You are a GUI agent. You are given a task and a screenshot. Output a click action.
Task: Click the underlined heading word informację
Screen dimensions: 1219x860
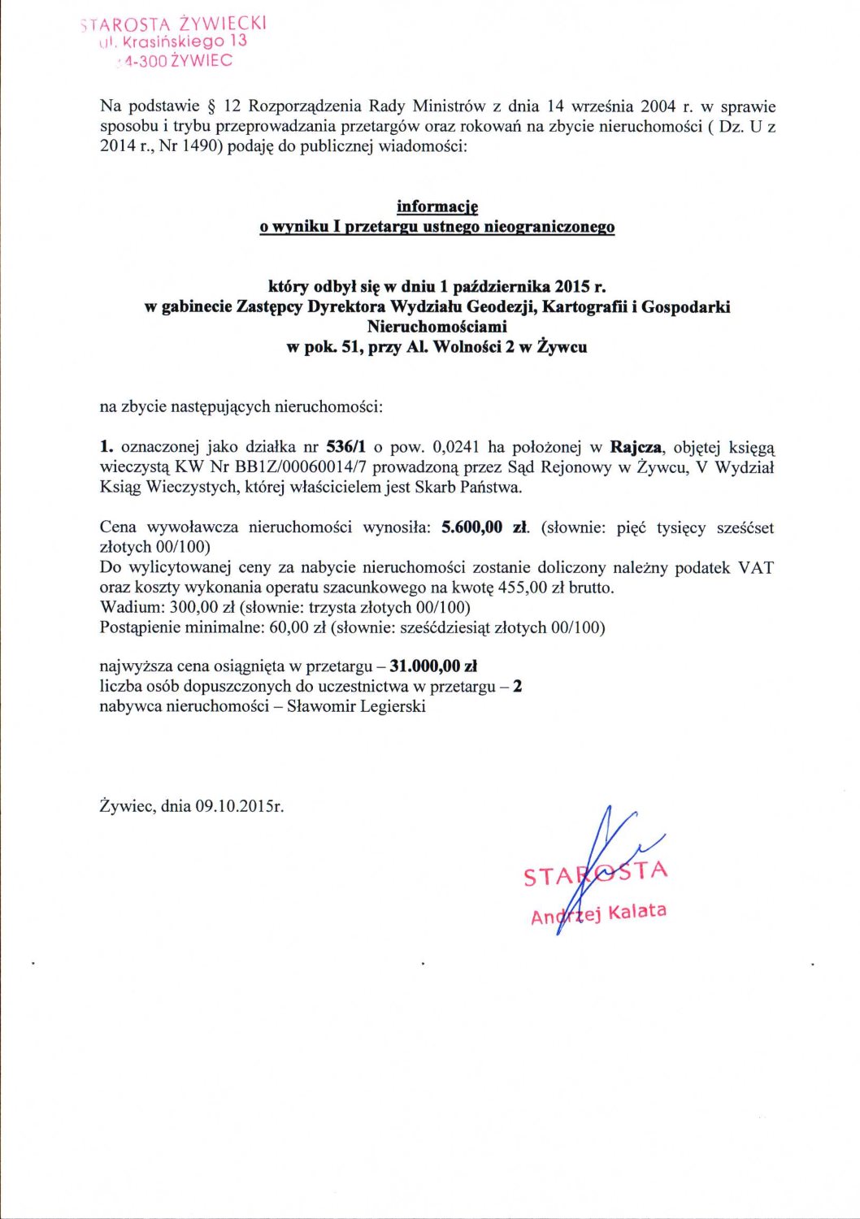[437, 207]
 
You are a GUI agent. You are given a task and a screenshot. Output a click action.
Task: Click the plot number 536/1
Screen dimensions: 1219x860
[345, 447]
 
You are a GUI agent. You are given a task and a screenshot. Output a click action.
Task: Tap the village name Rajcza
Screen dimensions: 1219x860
[636, 447]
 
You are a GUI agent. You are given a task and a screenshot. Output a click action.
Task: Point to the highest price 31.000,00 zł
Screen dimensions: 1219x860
[433, 666]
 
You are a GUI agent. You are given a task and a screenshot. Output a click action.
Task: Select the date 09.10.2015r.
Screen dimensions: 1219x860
[240, 806]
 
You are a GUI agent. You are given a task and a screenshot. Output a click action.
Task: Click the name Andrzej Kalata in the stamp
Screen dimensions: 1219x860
[598, 913]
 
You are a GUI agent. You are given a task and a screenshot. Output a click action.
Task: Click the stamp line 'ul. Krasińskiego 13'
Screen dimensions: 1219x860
[172, 41]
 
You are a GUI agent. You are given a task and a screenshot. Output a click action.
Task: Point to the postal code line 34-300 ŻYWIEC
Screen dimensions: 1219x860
[174, 61]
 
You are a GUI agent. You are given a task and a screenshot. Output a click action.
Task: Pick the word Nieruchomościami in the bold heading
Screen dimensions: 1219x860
[437, 327]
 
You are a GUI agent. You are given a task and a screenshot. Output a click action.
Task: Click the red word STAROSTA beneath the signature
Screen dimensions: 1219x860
[596, 874]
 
